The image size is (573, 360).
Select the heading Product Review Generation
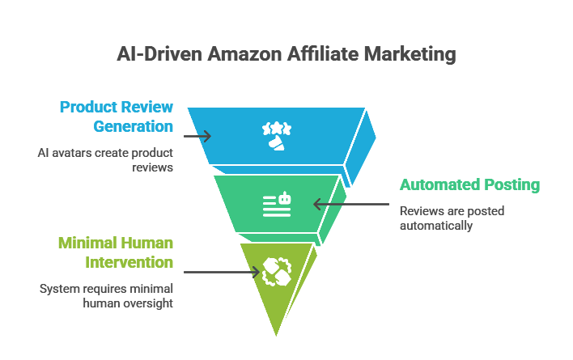coord(117,116)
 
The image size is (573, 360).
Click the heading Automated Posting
coord(469,184)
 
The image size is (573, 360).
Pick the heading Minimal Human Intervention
coord(115,252)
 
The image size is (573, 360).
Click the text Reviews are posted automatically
coord(452,218)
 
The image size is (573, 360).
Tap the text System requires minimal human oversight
coord(106,295)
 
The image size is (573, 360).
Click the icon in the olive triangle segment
coord(276,273)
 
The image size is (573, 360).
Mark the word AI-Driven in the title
coord(155,55)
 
